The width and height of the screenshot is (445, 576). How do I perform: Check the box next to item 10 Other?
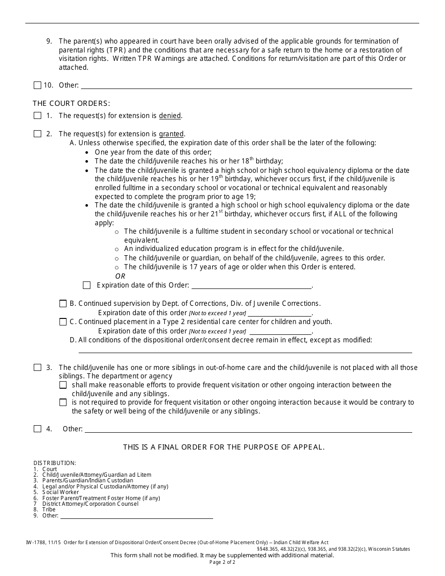pyautogui.click(x=37, y=85)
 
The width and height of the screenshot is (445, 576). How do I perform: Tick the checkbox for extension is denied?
pyautogui.click(x=37, y=116)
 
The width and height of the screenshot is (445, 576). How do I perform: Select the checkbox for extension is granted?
pyautogui.click(x=37, y=134)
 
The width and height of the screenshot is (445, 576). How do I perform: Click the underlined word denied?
pyautogui.click(x=170, y=116)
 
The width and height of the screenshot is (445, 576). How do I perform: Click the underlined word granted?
pyautogui.click(x=171, y=134)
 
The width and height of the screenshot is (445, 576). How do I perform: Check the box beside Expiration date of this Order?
pyautogui.click(x=87, y=285)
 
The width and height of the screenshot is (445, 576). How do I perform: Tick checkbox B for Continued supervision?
pyautogui.click(x=63, y=303)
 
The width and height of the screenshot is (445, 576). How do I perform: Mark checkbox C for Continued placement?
pyautogui.click(x=63, y=322)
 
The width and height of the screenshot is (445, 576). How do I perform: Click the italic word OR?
pyautogui.click(x=120, y=276)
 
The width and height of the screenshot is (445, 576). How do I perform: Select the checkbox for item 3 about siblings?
pyautogui.click(x=37, y=368)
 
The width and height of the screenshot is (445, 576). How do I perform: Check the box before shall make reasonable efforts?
pyautogui.click(x=63, y=385)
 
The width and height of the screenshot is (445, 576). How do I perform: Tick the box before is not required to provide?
pyautogui.click(x=63, y=402)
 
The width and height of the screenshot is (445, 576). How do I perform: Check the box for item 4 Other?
pyautogui.click(x=37, y=429)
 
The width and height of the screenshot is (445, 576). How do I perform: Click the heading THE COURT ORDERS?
pyautogui.click(x=71, y=103)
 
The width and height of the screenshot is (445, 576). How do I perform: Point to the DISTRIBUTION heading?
pyautogui.click(x=55, y=463)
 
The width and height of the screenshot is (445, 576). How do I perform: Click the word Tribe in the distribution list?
pyautogui.click(x=49, y=510)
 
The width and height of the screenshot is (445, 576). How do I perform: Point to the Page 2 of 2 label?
pyautogui.click(x=222, y=562)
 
